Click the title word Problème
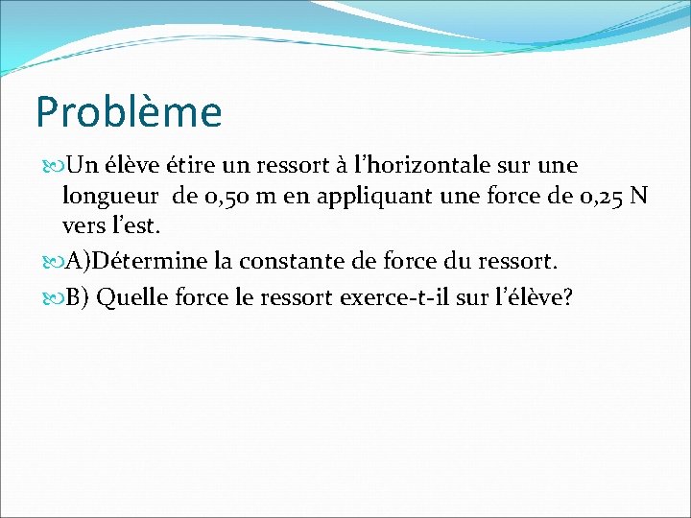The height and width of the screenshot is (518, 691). (x=129, y=113)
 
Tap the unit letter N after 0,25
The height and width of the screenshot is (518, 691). (x=639, y=198)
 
